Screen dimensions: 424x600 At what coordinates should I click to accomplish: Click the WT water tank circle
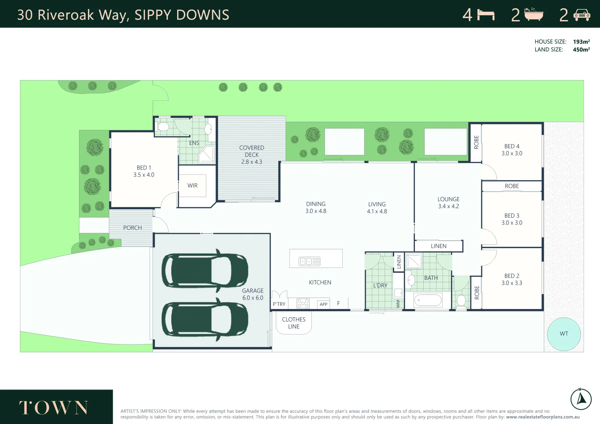point(564,334)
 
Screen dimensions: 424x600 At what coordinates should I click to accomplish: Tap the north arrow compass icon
point(581,399)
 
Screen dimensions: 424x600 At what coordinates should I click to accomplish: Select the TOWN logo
point(54,408)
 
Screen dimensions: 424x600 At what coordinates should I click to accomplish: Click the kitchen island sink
point(310,261)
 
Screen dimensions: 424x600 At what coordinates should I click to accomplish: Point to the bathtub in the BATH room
point(428,301)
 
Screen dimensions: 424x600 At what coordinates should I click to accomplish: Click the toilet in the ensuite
point(162,127)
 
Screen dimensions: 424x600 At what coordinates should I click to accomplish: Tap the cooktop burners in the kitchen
point(303,303)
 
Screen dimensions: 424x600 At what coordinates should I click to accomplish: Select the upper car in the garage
point(205,270)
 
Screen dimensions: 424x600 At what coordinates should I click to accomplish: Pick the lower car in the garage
point(205,319)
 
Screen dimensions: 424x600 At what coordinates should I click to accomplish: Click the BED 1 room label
point(144,168)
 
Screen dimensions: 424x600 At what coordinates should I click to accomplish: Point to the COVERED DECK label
point(251,151)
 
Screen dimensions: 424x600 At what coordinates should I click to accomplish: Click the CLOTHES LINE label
point(294,323)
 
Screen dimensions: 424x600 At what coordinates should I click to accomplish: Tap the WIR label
point(193,186)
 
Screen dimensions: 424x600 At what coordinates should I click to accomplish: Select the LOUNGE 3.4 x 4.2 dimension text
point(448,206)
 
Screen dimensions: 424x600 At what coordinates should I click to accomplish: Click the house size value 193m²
point(581,42)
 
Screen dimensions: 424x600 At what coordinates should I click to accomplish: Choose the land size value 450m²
point(581,49)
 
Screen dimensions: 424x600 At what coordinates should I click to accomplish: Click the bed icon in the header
point(486,15)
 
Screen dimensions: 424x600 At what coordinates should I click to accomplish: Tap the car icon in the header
point(582,15)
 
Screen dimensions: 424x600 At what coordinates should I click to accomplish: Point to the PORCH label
point(132,228)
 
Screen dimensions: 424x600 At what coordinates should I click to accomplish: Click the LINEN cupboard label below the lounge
point(439,246)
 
